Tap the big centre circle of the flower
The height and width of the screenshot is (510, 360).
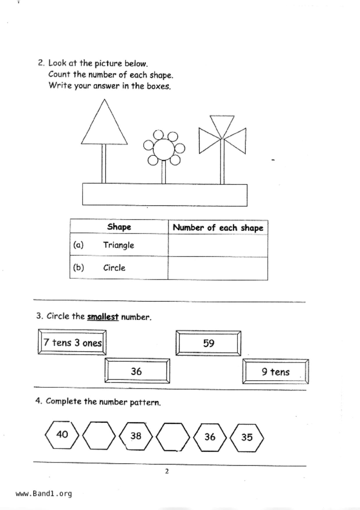tap(164, 149)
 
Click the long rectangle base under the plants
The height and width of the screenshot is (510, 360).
tap(165, 195)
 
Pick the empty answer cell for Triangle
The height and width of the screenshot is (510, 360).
tap(218, 245)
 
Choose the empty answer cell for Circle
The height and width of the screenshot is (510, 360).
tap(218, 268)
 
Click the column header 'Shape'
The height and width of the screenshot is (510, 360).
tap(119, 227)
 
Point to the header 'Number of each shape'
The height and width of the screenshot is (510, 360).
tap(218, 227)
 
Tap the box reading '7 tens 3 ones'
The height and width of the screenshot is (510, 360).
tap(72, 342)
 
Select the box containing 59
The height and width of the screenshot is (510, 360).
tap(208, 343)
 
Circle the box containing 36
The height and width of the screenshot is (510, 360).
tap(137, 371)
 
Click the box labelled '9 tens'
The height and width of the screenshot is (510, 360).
tap(275, 372)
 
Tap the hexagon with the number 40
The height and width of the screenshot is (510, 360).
tap(62, 435)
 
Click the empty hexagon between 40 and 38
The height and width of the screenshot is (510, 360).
tap(99, 436)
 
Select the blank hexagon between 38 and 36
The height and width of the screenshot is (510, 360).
tap(173, 436)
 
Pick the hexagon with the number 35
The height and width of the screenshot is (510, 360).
tap(247, 437)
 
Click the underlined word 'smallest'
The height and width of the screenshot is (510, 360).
tap(103, 316)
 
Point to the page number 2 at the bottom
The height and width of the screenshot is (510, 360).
tap(167, 471)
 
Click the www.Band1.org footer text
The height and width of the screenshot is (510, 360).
tap(44, 494)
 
